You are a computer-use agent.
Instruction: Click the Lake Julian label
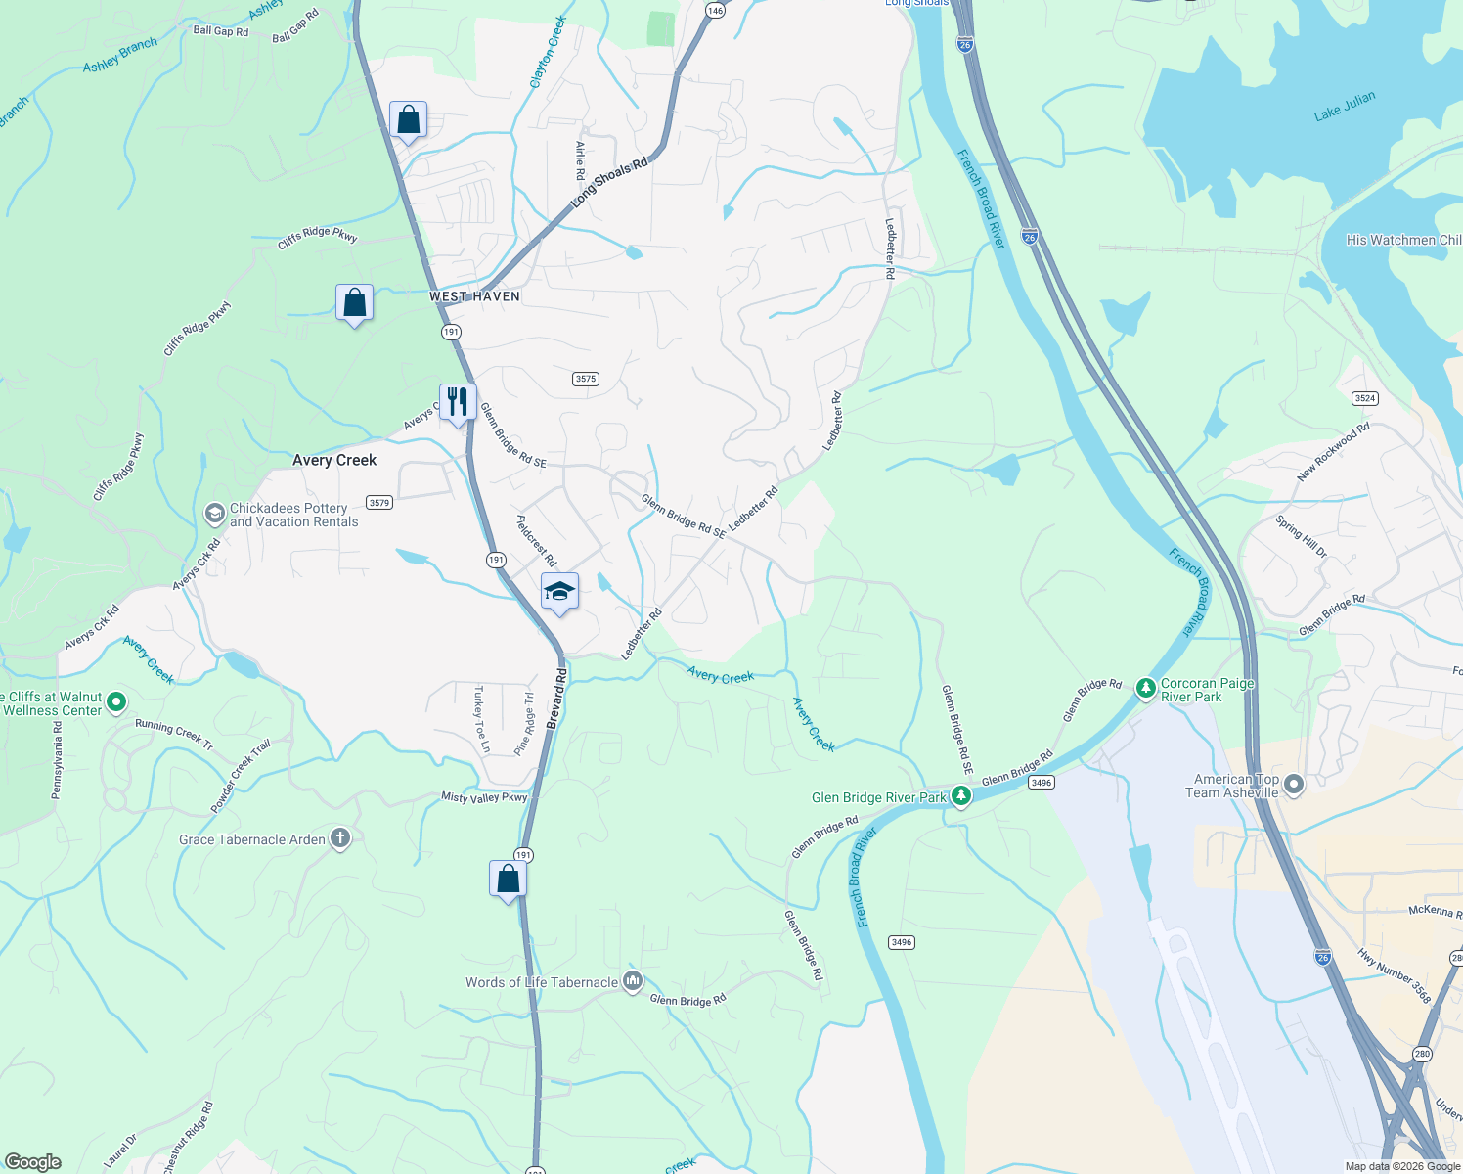(1344, 106)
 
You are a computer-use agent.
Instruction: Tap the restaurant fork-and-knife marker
(457, 401)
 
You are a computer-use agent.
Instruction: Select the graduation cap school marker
(559, 591)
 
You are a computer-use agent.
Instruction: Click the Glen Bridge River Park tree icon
(961, 796)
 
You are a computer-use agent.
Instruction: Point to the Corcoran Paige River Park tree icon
(1145, 689)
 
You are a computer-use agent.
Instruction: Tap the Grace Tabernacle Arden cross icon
(339, 838)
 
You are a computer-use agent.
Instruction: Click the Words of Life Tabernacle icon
(633, 981)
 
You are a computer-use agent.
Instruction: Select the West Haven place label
(474, 296)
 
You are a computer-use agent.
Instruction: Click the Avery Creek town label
(334, 460)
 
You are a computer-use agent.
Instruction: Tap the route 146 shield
(716, 10)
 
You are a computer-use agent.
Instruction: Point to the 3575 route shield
(586, 379)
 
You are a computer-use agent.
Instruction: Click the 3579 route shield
(378, 503)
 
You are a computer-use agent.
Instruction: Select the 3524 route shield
(1365, 398)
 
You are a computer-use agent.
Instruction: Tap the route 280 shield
(1422, 1053)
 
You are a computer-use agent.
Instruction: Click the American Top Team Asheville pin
(1294, 785)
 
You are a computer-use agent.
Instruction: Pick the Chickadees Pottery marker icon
(214, 514)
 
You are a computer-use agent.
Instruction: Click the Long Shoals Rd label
(609, 182)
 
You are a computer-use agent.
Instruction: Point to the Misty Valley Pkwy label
(484, 797)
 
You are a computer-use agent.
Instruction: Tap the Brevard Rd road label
(556, 698)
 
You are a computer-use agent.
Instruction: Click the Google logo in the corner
(32, 1162)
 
